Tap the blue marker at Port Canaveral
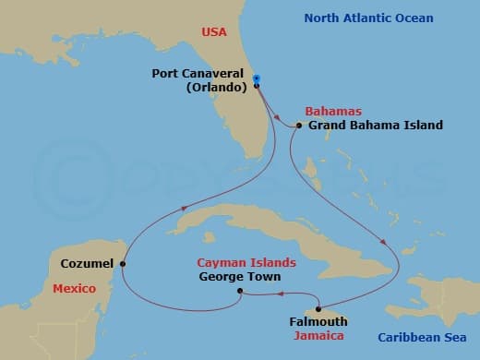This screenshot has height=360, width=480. (x=257, y=78)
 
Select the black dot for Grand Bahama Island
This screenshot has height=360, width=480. (x=300, y=126)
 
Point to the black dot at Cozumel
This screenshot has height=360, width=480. (x=122, y=263)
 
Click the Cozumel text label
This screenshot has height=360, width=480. (x=87, y=263)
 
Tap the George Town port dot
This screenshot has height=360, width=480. (x=240, y=292)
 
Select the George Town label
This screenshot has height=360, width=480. (x=239, y=276)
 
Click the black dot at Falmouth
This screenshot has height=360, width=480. (x=318, y=309)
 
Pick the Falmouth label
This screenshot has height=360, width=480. (x=317, y=322)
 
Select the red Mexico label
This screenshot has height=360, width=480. (x=74, y=289)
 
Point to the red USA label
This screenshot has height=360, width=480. (x=213, y=33)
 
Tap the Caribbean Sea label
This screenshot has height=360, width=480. (x=426, y=337)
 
